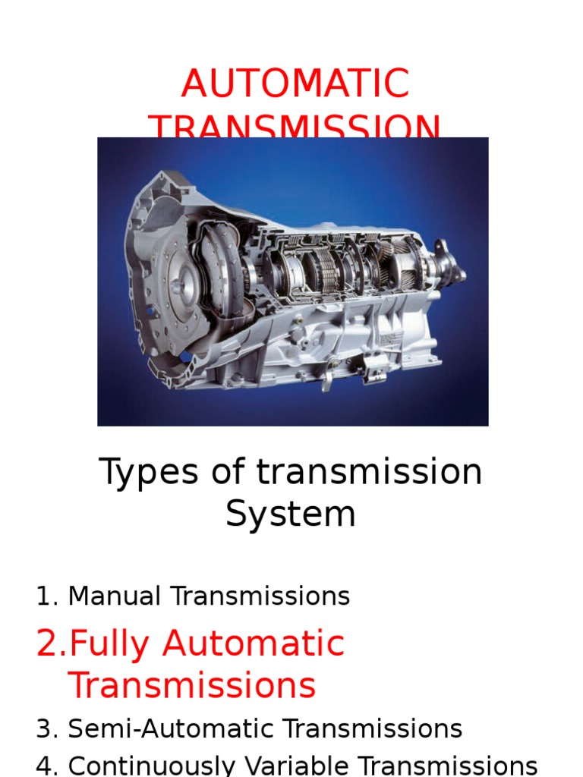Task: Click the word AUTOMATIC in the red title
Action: coord(295,84)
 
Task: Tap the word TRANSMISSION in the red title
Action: coord(295,129)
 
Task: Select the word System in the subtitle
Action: coord(291,514)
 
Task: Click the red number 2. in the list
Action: coord(51,644)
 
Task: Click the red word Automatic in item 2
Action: coord(253,644)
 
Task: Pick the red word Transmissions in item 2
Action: coord(191,686)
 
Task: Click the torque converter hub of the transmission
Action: coord(178,289)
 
